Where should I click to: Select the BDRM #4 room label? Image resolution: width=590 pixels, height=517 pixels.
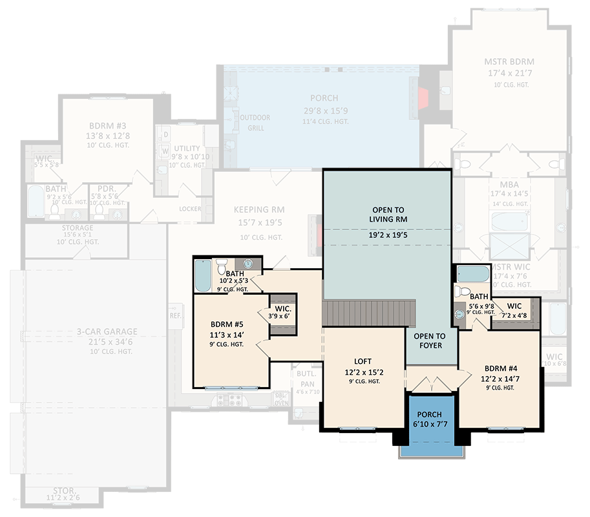tap(497, 368)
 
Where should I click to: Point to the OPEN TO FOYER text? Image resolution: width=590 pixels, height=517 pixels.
tap(430, 341)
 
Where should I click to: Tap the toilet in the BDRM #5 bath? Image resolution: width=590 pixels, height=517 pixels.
tap(222, 266)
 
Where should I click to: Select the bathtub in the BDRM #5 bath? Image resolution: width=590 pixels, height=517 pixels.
tap(202, 275)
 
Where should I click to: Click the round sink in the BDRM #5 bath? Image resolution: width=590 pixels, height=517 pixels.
tap(247, 264)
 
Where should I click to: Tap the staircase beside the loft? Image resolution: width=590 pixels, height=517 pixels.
tap(368, 313)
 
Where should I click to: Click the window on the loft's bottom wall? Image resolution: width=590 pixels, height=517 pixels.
tap(357, 428)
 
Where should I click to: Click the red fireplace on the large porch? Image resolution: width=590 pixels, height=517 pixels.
tap(423, 98)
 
